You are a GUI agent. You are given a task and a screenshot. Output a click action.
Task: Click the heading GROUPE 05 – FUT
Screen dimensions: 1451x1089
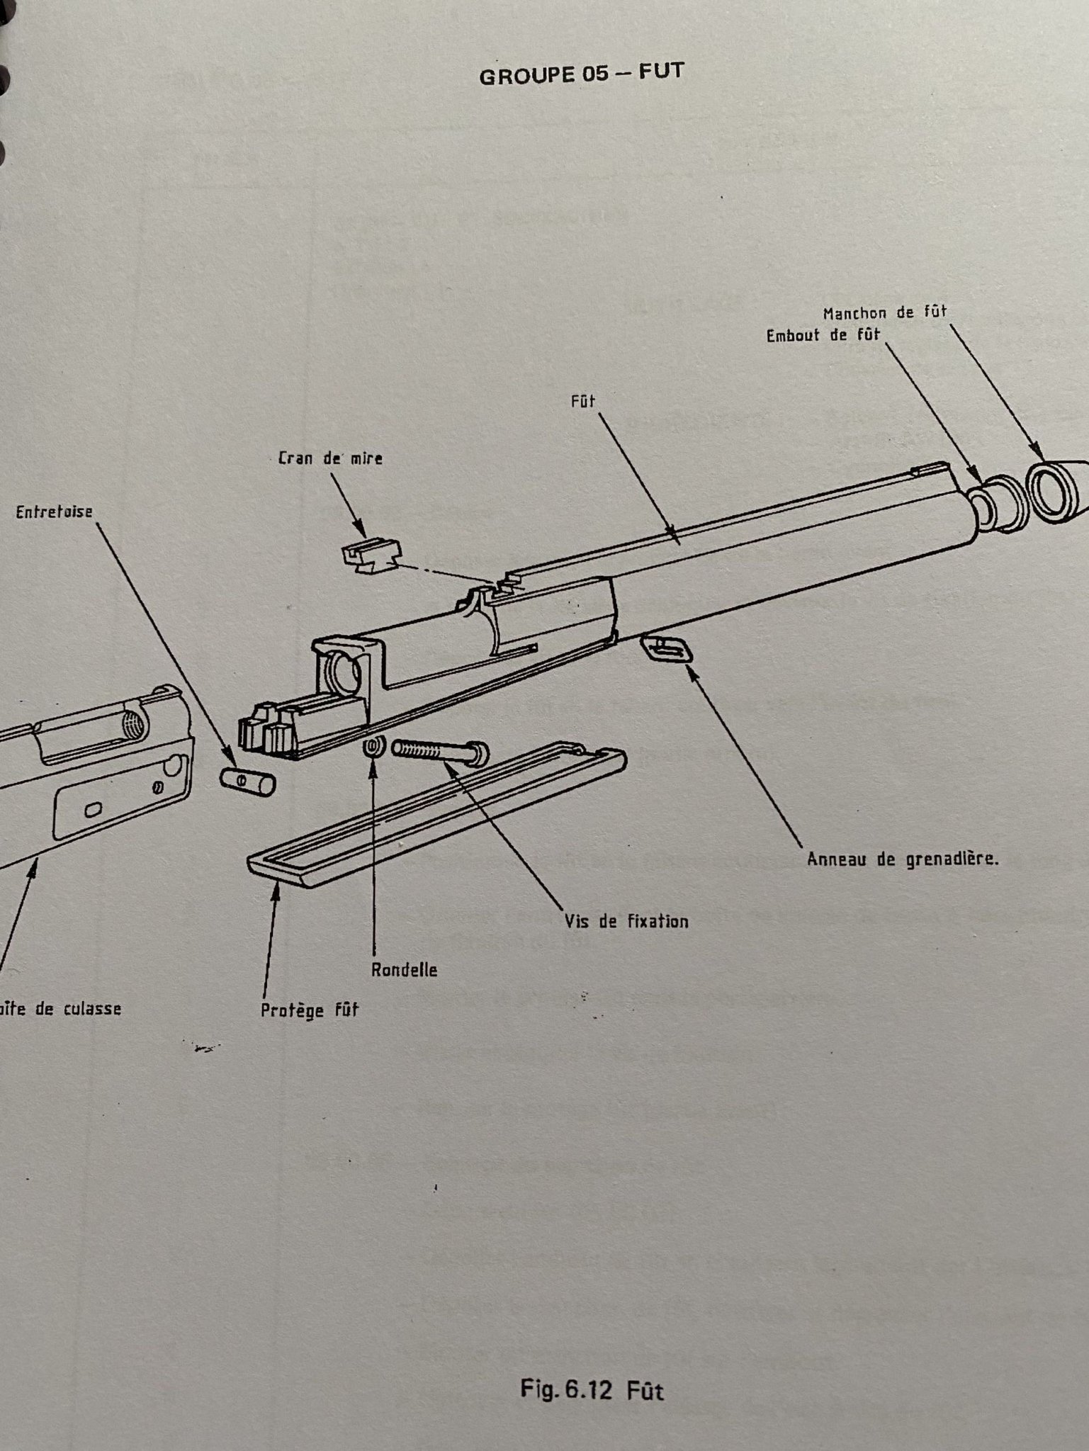tap(582, 74)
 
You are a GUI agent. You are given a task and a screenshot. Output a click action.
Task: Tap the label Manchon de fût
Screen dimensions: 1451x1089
tap(885, 312)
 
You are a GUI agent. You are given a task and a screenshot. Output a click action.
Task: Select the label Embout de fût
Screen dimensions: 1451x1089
tap(822, 335)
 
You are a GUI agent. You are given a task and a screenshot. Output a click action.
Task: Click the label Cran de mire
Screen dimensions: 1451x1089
tap(330, 458)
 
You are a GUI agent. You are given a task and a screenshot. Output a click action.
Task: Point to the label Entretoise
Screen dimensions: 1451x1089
tap(54, 512)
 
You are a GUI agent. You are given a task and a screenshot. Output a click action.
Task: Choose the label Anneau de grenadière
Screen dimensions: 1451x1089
tap(903, 860)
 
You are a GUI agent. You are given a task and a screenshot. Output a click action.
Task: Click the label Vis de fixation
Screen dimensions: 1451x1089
tap(626, 921)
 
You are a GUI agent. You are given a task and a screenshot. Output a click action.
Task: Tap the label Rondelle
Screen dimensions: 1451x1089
tap(404, 970)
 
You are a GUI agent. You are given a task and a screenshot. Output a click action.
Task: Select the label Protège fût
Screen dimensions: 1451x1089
tap(309, 1010)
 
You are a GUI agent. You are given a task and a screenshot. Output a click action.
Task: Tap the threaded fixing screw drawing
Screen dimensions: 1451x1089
tap(439, 751)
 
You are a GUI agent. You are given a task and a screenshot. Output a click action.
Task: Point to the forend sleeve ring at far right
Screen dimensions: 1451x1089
tap(1058, 491)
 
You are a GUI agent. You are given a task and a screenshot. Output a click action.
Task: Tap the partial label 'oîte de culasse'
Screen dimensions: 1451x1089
tap(61, 1008)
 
